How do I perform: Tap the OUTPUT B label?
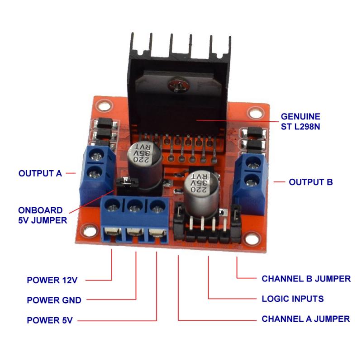coord(310,182)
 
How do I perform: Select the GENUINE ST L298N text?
coord(301,121)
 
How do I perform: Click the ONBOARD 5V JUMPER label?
coord(43,215)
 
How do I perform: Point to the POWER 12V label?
coord(52,280)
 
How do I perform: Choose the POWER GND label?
coord(54,300)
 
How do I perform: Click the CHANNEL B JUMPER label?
coord(306,278)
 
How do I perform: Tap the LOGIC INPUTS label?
coord(293,299)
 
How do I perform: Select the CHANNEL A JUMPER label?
coord(305,319)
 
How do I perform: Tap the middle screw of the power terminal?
coord(133,208)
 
